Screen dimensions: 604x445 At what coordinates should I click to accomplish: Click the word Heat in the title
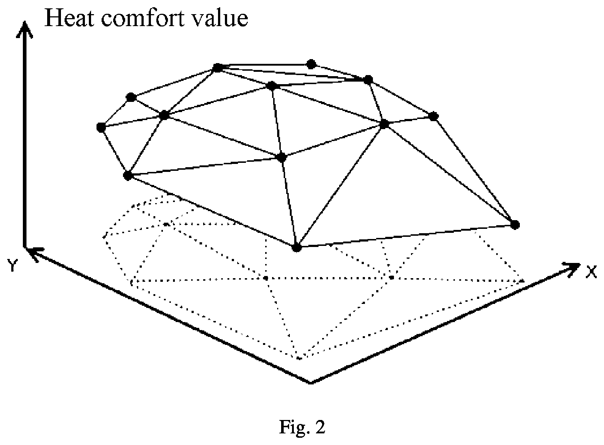pos(70,18)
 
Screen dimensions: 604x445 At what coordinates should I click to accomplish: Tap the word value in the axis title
pos(220,18)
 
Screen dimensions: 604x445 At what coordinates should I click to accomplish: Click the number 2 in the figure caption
pos(320,427)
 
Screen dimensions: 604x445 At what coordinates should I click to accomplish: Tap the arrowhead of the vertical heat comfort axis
pos(25,30)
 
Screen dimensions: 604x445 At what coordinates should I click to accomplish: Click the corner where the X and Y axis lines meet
pos(311,382)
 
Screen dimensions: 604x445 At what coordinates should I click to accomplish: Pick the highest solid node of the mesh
pos(312,64)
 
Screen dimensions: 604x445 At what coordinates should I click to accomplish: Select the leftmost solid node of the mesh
pos(101,127)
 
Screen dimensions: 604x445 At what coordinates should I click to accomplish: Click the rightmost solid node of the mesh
pos(515,224)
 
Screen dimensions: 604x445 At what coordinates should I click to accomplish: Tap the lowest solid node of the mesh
pos(297,247)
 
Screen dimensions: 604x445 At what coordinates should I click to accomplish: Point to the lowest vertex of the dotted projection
pos(299,358)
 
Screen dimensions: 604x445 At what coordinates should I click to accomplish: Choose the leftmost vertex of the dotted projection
pos(104,237)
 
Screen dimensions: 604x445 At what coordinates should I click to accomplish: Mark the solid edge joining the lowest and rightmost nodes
pos(406,236)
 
